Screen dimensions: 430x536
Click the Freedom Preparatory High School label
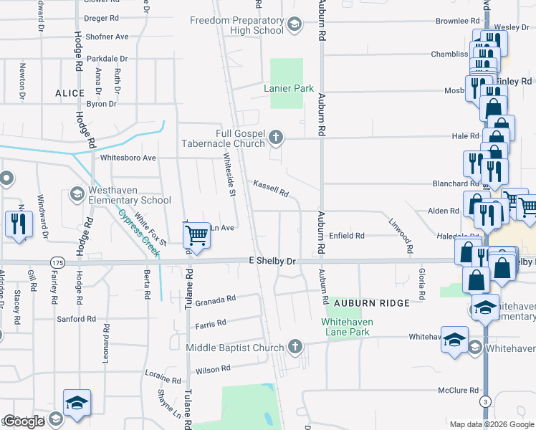[x=236, y=25]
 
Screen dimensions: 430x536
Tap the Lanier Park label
[x=289, y=88]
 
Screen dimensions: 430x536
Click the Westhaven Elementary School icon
[x=77, y=194]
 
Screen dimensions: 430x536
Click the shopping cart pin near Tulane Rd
[x=196, y=235]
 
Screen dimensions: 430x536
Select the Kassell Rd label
[x=270, y=188]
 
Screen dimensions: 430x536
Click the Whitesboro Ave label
[x=128, y=158]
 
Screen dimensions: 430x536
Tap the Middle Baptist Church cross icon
[x=294, y=348]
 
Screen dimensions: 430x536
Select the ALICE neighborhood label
[x=70, y=93]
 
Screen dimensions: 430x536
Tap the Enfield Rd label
[x=347, y=235]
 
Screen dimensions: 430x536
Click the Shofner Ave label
[x=106, y=37]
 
